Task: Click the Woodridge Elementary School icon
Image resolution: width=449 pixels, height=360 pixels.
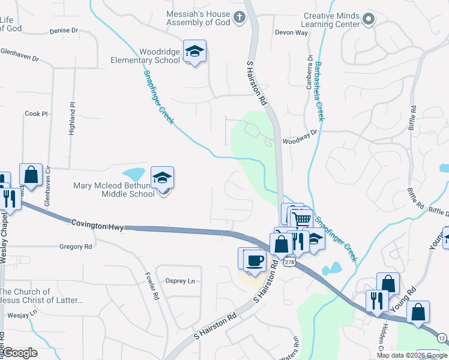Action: pyautogui.click(x=194, y=52)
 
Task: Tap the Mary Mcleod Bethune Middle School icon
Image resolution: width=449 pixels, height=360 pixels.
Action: pyautogui.click(x=162, y=178)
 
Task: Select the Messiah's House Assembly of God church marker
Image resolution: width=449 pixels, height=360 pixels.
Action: pyautogui.click(x=239, y=17)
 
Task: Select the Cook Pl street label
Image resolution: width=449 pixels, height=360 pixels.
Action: pyautogui.click(x=36, y=113)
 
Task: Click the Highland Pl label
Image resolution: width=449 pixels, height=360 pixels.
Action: pyautogui.click(x=71, y=119)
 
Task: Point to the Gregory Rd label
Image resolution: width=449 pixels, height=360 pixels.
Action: pyautogui.click(x=76, y=247)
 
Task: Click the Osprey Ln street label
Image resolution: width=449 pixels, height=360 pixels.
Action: pyautogui.click(x=181, y=281)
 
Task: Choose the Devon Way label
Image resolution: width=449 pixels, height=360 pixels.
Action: pyautogui.click(x=291, y=32)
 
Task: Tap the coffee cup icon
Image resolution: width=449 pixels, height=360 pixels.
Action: pyautogui.click(x=256, y=261)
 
